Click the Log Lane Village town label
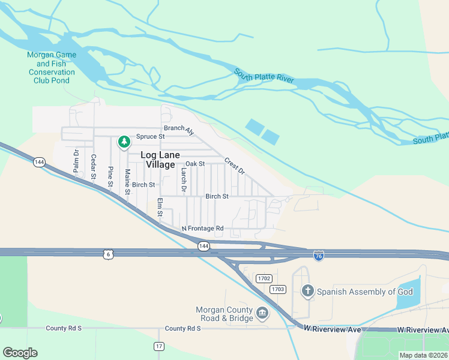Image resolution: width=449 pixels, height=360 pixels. (x=160, y=160)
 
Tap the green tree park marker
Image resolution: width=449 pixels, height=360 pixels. (x=124, y=142)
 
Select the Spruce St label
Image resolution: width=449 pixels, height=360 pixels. (x=150, y=137)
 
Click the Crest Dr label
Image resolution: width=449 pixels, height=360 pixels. (x=235, y=166)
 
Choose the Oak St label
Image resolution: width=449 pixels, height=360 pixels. (x=195, y=163)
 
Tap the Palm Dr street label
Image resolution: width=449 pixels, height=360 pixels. (x=76, y=161)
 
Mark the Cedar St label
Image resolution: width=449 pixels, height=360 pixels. (x=93, y=167)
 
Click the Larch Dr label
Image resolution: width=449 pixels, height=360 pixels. (x=184, y=179)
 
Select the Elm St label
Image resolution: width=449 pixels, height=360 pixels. (x=160, y=208)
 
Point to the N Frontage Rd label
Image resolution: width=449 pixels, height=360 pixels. (x=202, y=229)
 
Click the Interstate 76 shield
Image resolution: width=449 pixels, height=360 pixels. (x=319, y=256)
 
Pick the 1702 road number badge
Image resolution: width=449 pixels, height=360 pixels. (x=264, y=278)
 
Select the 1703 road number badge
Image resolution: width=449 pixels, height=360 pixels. (x=277, y=289)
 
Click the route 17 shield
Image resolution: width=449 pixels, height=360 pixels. (x=158, y=346)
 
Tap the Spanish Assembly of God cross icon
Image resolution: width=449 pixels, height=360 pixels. (x=307, y=292)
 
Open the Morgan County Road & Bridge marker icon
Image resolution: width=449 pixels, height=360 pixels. (x=262, y=313)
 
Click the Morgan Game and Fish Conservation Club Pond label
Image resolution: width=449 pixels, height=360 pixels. (x=51, y=67)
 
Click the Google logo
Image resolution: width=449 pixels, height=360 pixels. (x=20, y=352)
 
